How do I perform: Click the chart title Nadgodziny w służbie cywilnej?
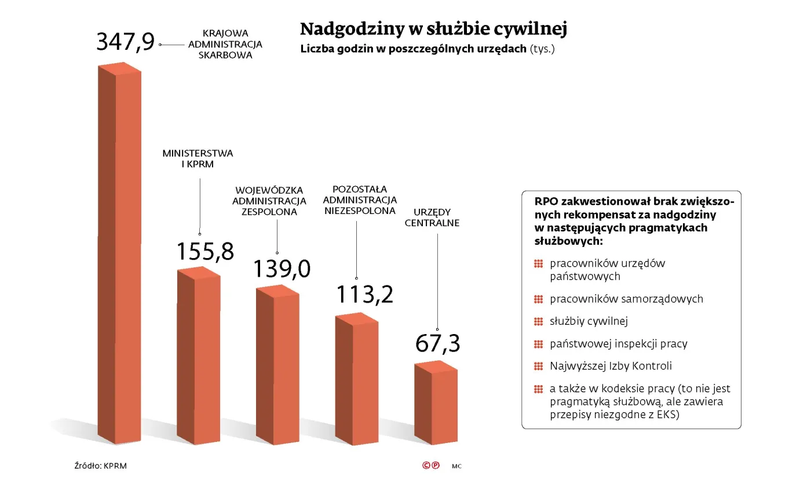pos(433,28)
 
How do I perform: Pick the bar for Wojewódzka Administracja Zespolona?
pos(278,365)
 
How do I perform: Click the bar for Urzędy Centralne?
pos(436,403)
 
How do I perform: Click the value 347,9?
pos(126,42)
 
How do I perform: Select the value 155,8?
pos(205,252)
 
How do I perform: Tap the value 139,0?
pos(282,269)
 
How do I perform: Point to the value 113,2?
pos(365,295)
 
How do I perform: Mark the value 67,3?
pos(438,343)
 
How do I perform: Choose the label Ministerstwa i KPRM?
pos(198,159)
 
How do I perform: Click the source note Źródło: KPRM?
pos(100,465)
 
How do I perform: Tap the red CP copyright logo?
pos(430,465)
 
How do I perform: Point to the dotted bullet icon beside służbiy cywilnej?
pos(538,321)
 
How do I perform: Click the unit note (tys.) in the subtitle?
pos(542,49)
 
